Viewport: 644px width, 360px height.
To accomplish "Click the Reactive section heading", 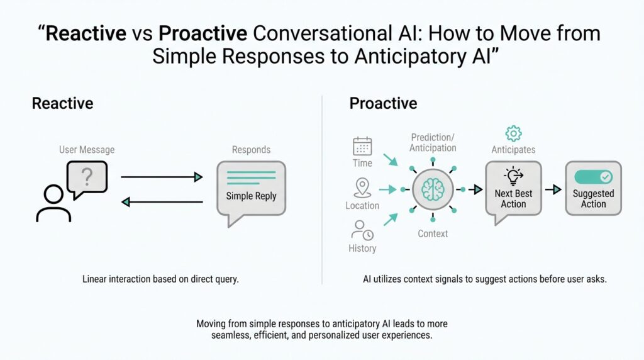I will [63, 103].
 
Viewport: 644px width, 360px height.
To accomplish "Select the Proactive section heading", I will [383, 103].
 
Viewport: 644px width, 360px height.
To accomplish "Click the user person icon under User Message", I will [53, 202].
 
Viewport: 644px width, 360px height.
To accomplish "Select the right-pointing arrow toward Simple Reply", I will [162, 177].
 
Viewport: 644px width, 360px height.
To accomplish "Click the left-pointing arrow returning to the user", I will [162, 202].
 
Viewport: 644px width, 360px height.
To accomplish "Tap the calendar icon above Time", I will [362, 147].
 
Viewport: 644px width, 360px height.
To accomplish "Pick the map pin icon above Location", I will [362, 187].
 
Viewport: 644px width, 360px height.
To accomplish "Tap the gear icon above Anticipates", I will [514, 133].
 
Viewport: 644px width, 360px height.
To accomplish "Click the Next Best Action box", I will [513, 189].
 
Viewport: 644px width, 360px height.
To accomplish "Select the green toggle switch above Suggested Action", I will [593, 177].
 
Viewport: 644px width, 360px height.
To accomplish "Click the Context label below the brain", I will [433, 233].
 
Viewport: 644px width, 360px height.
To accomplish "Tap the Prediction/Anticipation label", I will [433, 143].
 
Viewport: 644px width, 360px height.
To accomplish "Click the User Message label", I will [87, 150].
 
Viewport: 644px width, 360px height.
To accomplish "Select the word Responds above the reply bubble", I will [251, 150].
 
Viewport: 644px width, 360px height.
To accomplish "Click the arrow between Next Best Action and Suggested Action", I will [553, 189].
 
